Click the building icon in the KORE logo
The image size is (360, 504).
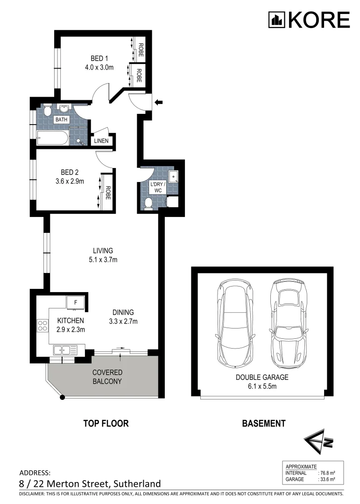[x=277, y=20]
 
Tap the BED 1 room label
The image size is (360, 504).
[x=99, y=58]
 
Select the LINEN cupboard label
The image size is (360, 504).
[x=100, y=141]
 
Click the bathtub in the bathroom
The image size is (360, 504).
[x=52, y=138]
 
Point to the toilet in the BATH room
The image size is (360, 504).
[x=48, y=112]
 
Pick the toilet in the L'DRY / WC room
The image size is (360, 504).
[x=148, y=203]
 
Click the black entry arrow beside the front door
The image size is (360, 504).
[x=160, y=102]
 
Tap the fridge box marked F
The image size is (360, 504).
[x=75, y=302]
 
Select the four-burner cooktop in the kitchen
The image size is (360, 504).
[x=43, y=325]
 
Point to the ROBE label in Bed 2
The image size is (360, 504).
[x=108, y=193]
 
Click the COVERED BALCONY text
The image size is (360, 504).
[x=107, y=377]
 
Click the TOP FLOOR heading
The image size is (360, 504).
[x=106, y=424]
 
